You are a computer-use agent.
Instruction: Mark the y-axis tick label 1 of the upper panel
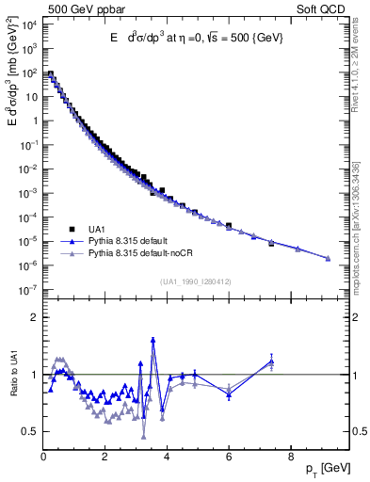35,120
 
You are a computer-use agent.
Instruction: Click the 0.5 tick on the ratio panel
29,431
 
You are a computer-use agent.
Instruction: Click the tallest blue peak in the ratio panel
153,340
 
